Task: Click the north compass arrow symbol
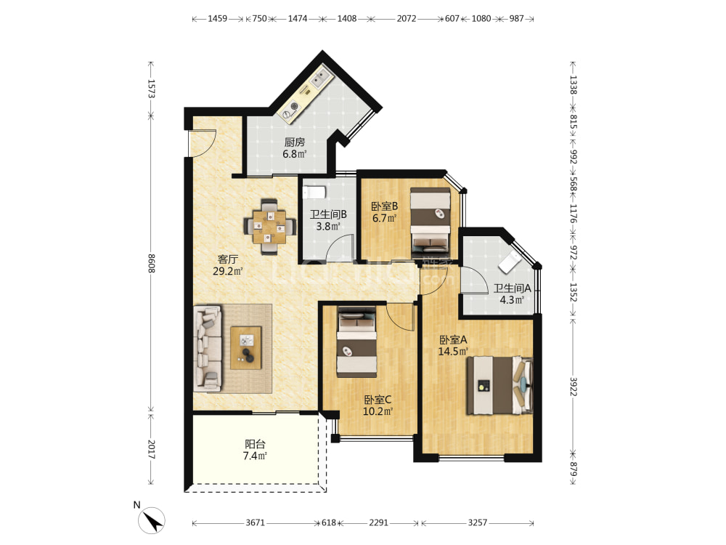[152, 521]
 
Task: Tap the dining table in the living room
[269, 227]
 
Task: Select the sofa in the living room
[208, 347]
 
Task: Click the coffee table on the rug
[246, 348]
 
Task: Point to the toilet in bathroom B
[314, 192]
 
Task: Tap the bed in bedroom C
[356, 342]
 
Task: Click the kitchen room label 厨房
[295, 142]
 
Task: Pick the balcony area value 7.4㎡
[255, 456]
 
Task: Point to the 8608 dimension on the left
[151, 263]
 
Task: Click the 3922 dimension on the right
[574, 387]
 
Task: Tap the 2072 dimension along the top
[406, 19]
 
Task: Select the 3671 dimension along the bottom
[255, 522]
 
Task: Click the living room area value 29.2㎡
[228, 271]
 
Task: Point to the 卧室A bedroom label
[453, 339]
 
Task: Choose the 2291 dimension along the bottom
[378, 522]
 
